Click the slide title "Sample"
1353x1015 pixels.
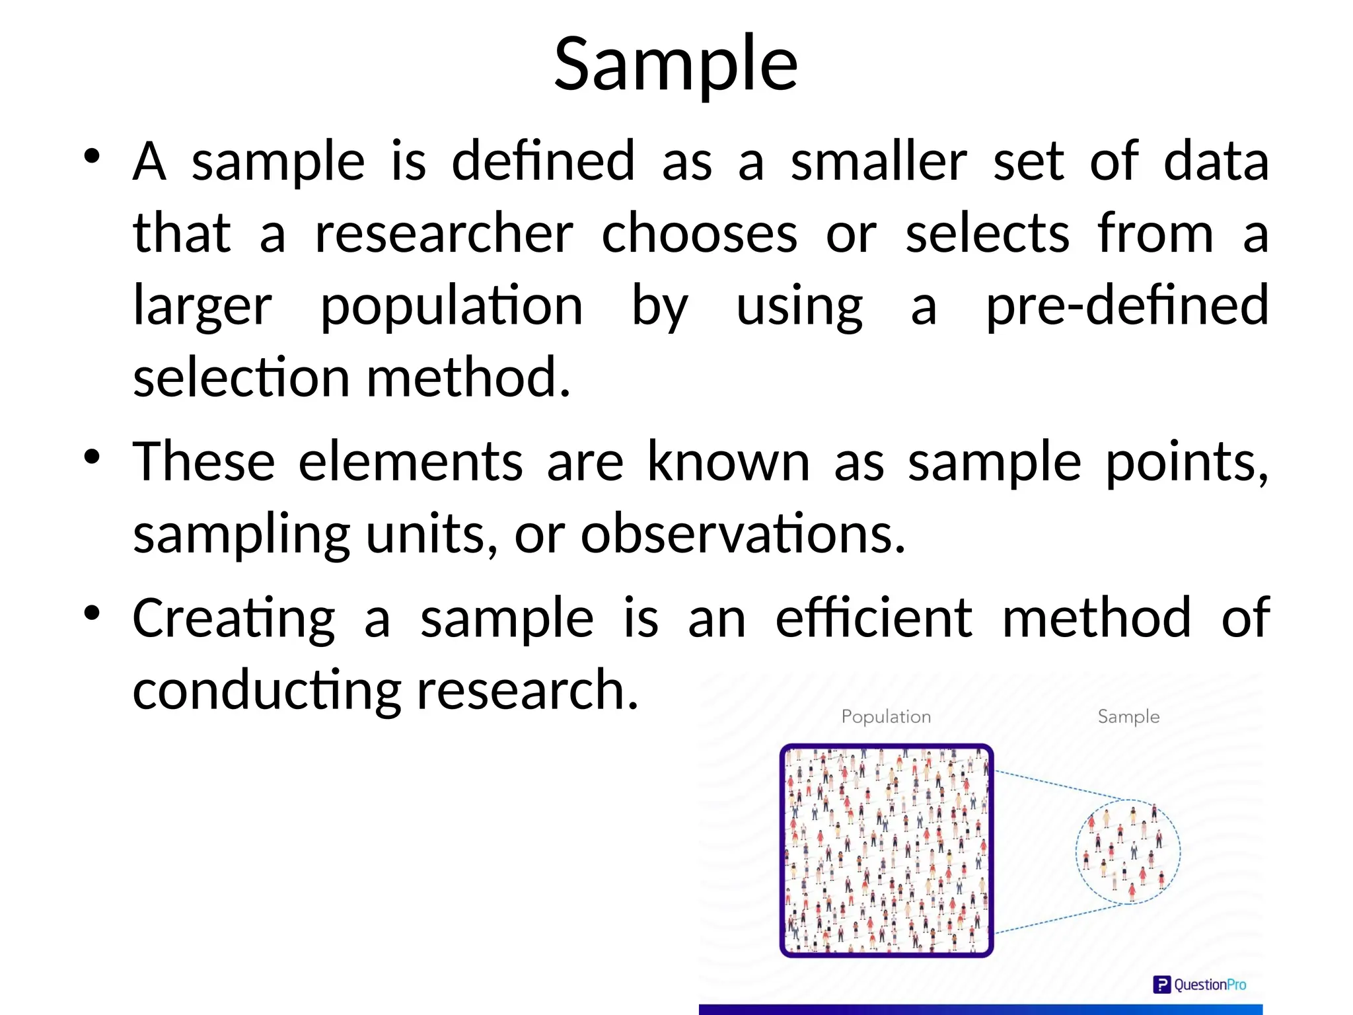[676, 65]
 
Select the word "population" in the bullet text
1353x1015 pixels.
[451, 306]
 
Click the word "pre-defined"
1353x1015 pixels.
[1126, 306]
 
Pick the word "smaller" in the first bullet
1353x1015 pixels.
[879, 161]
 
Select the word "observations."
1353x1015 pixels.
[743, 534]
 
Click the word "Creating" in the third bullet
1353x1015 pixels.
[234, 619]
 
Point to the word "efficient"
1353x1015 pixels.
[873, 619]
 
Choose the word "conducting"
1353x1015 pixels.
[266, 691]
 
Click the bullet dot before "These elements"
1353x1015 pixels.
[92, 456]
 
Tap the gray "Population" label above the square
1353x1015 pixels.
[886, 717]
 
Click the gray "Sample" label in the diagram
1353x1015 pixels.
[1128, 717]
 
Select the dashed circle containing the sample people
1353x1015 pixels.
[1128, 852]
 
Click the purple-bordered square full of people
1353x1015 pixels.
[886, 850]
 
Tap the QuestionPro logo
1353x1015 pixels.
[1199, 985]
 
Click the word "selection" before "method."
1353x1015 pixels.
[241, 378]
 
